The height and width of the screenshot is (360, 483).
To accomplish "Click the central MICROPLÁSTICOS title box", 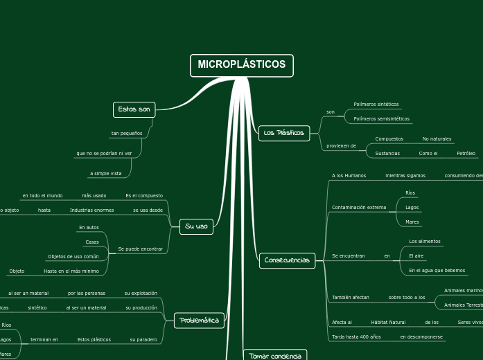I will (241, 65).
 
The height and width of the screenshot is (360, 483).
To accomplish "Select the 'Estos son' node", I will (134, 109).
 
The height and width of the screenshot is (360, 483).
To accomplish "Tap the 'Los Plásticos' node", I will (284, 133).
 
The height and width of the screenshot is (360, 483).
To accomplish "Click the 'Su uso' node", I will (196, 226).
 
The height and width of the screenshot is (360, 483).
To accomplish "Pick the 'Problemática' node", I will (199, 320).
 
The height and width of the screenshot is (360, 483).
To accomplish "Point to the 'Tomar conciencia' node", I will (275, 356).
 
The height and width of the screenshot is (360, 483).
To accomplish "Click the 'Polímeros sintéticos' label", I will (376, 105).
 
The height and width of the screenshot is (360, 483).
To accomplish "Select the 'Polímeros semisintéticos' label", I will (381, 119).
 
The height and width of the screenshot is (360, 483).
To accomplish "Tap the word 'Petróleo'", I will (466, 153).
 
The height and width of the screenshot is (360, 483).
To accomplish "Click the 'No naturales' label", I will (437, 139).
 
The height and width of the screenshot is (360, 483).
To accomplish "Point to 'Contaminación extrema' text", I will (359, 207).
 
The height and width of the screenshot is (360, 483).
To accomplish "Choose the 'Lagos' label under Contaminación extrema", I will (412, 208).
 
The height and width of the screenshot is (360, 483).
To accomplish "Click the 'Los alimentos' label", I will (425, 242).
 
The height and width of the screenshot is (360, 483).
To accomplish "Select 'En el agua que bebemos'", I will (437, 271).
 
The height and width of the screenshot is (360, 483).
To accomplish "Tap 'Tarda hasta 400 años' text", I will (356, 337).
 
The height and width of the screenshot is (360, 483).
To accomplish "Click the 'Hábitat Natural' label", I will (388, 323).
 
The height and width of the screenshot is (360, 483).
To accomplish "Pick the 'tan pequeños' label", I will (127, 133).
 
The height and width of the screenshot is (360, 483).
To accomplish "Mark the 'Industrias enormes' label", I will (91, 210).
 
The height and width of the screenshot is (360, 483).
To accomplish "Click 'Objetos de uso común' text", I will (73, 256).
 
